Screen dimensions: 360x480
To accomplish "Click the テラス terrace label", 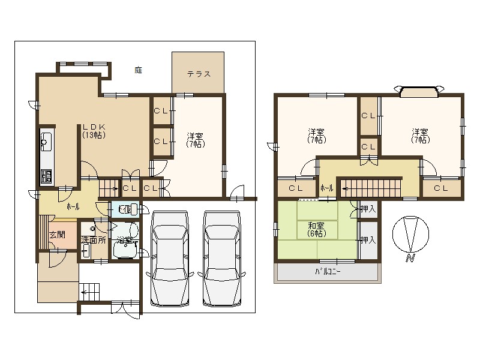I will (x=199, y=74).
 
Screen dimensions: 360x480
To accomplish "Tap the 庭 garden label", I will (x=138, y=70).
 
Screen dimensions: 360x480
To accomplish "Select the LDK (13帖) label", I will (x=94, y=131).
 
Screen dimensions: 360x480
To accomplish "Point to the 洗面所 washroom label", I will (x=94, y=239).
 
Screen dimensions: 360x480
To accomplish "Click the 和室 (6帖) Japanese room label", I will (x=317, y=229).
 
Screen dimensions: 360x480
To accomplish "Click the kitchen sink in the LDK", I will (x=46, y=143).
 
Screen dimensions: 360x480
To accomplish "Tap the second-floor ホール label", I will (x=326, y=188).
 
